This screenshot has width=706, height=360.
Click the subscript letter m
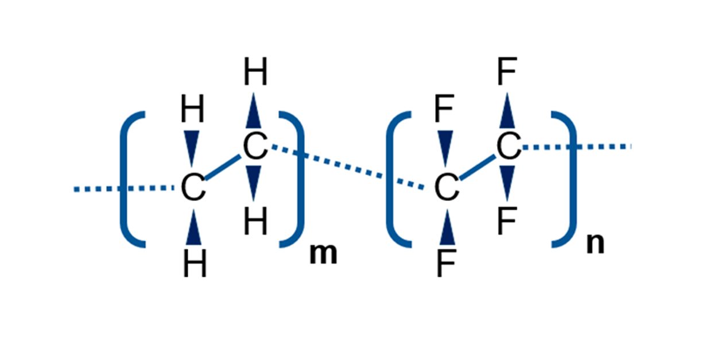pos(323,254)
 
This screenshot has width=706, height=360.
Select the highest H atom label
pos(255,74)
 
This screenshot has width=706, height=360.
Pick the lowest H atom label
pos(195,265)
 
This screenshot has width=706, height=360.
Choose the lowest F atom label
pos(446,264)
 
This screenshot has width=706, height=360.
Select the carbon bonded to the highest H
pos(255,148)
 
